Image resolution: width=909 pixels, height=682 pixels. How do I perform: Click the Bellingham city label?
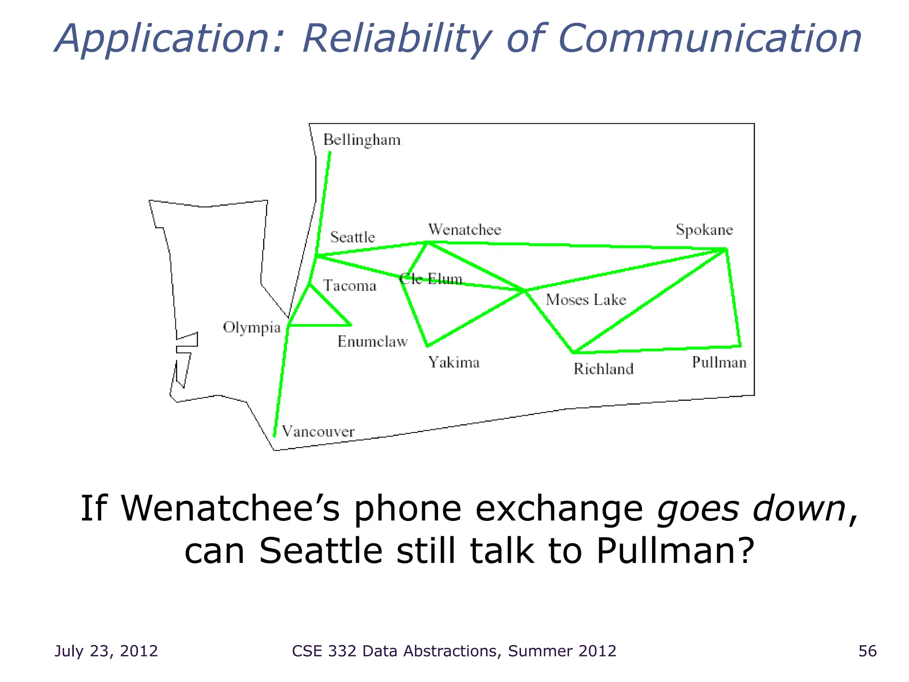(x=362, y=140)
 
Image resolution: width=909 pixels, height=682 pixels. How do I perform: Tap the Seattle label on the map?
(x=352, y=237)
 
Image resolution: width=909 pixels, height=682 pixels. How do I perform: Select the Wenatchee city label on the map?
(x=464, y=230)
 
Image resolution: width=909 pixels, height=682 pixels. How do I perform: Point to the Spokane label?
(x=704, y=230)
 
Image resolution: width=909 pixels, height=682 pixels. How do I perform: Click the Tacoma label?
(x=349, y=285)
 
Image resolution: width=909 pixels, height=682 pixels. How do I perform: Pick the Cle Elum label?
(x=431, y=279)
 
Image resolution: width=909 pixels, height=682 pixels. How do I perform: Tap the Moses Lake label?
(x=586, y=300)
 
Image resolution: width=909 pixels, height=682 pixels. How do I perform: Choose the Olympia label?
(x=252, y=328)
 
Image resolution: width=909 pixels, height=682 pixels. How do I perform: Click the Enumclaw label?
(x=372, y=341)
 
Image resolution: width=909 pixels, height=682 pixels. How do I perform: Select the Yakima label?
(x=454, y=363)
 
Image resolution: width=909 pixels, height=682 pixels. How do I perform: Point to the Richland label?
(x=603, y=369)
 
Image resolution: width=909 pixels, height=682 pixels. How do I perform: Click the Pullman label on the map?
(x=719, y=363)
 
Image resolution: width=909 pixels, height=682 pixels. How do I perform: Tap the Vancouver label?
(x=318, y=432)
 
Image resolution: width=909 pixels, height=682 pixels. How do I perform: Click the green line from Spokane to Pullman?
(x=733, y=297)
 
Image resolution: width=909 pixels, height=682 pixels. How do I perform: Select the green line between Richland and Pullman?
(x=657, y=349)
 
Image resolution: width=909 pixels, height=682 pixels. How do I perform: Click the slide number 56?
(x=867, y=651)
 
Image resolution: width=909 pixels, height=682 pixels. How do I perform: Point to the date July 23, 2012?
(x=106, y=651)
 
